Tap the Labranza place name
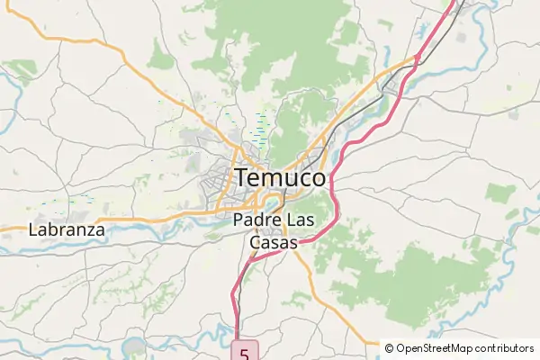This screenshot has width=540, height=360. [67, 229]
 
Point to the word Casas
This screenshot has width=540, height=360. [273, 243]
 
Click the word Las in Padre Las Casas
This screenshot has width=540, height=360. [300, 220]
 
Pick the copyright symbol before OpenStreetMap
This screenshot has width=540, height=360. [389, 348]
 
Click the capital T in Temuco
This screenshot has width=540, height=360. [244, 178]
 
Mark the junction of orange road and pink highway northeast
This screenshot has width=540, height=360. [417, 59]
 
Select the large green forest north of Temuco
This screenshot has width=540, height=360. [288, 36]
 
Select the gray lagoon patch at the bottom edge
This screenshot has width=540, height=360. [134, 347]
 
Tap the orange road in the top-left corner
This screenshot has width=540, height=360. [54, 39]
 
